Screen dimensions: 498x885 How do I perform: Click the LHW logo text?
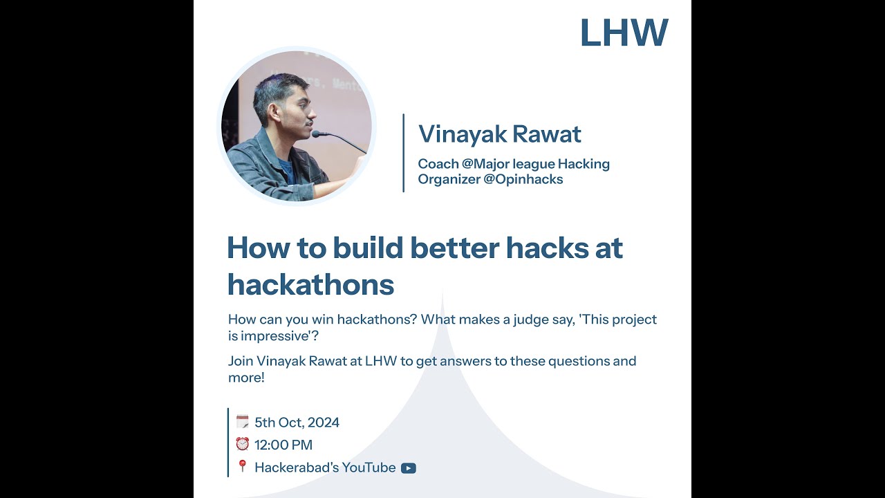(624, 33)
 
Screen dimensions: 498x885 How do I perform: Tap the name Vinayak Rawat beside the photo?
(499, 134)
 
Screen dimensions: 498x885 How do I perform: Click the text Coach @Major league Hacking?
(514, 164)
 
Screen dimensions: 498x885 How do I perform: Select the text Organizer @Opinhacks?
(490, 180)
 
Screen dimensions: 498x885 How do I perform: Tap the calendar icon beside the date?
(242, 421)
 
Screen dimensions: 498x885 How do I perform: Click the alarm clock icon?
(242, 444)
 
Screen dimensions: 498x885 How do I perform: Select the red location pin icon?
(242, 466)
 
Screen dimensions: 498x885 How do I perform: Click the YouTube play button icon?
(409, 468)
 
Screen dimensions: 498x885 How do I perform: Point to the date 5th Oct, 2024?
(297, 423)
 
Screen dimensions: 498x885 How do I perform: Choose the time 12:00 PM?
(283, 445)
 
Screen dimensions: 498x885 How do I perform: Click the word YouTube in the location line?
(369, 468)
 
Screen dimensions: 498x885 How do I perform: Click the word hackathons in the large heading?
(310, 284)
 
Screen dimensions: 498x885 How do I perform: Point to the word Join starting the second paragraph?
(241, 361)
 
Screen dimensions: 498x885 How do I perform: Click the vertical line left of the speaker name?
(403, 153)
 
